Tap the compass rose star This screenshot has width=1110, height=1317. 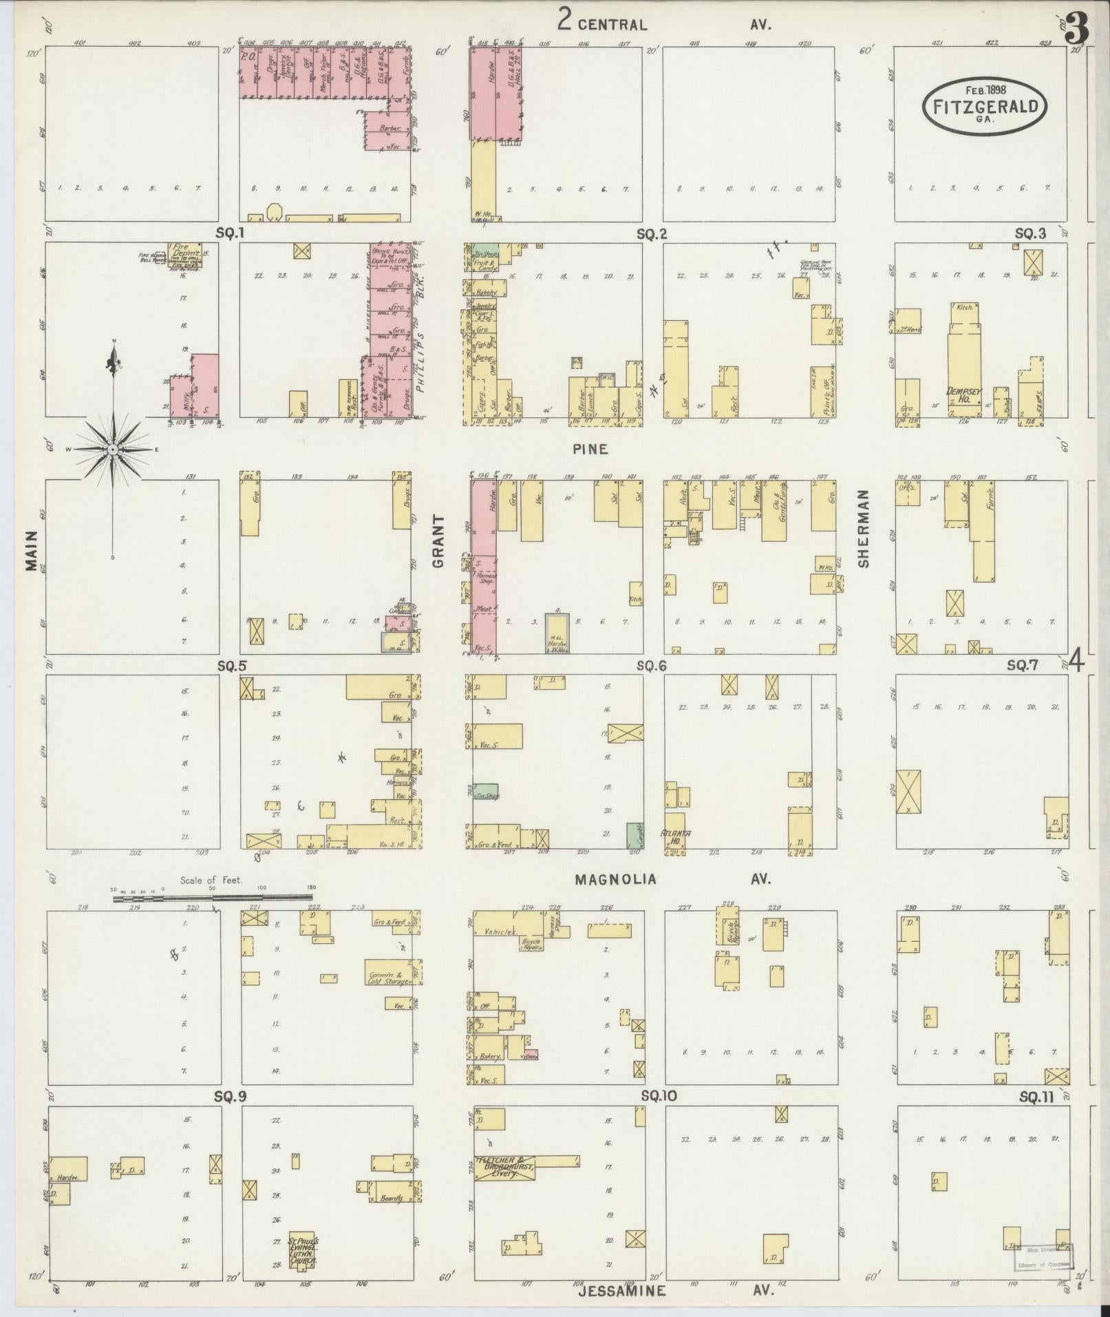tap(113, 449)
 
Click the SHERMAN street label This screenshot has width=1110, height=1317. tap(864, 529)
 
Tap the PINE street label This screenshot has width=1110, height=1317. tap(590, 449)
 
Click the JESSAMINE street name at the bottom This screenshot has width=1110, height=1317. tap(621, 1290)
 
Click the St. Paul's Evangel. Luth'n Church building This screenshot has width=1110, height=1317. tap(303, 1249)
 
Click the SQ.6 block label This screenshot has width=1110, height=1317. tap(651, 666)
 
